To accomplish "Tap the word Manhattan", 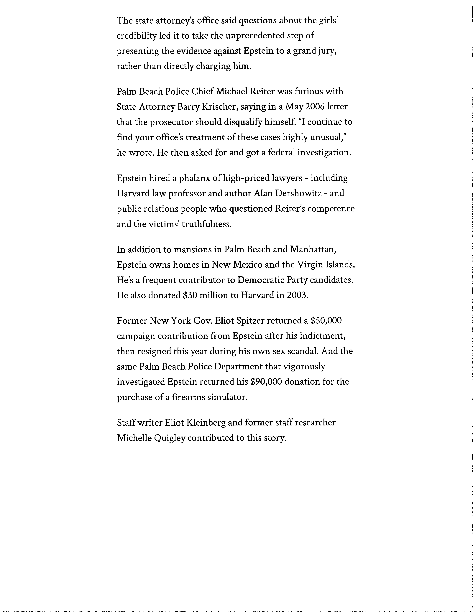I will point(313,249).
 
